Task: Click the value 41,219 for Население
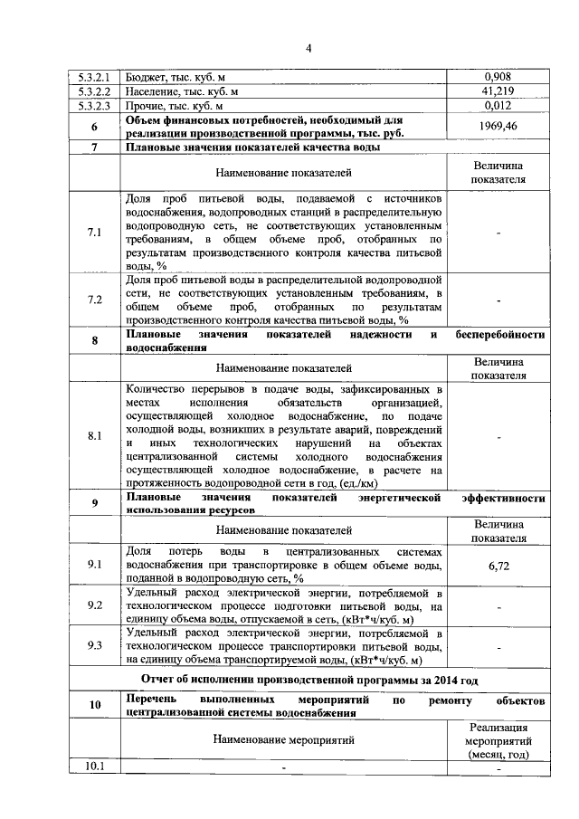pos(498,91)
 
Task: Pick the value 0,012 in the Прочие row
pos(498,106)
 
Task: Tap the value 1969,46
pos(498,127)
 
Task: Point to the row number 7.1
pos(94,233)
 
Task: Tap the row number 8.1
pos(94,436)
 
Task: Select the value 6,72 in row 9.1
pos(498,565)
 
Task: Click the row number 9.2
pos(94,605)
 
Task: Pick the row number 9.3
pos(94,646)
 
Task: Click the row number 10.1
pos(94,767)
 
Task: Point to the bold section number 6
pos(94,127)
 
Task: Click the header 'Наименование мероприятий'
pos(283,739)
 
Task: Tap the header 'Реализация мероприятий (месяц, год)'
pos(498,740)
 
